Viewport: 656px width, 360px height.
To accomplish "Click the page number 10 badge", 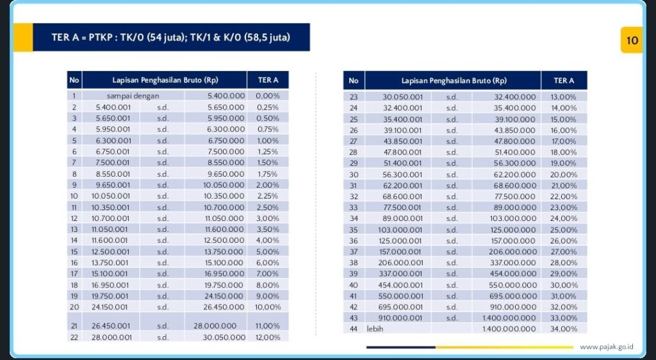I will pos(632,40).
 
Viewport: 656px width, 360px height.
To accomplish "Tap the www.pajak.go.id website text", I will pos(606,347).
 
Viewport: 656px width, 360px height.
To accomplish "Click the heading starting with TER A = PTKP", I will pos(170,37).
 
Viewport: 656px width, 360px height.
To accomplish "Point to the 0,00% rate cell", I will pos(268,95).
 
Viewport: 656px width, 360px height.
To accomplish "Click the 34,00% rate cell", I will pos(564,329).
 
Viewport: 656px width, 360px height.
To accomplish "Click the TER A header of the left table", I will pos(268,80).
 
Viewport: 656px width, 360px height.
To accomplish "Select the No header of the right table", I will pos(353,81).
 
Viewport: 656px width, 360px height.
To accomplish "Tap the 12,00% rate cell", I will pos(268,337).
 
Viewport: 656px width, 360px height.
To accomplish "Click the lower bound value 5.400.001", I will pos(113,107).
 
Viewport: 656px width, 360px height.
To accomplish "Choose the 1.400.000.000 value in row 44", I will pos(509,329).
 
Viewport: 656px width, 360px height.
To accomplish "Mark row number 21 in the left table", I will pos(74,325).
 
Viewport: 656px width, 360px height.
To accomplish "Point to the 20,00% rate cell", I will pos(564,174).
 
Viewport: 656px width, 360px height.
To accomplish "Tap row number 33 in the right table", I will pos(353,207).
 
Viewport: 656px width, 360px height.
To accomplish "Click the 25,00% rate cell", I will pos(564,229).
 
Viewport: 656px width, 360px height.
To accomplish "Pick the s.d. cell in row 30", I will pos(452,174).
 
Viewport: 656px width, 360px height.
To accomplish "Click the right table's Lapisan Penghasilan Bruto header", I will pos(454,81).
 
